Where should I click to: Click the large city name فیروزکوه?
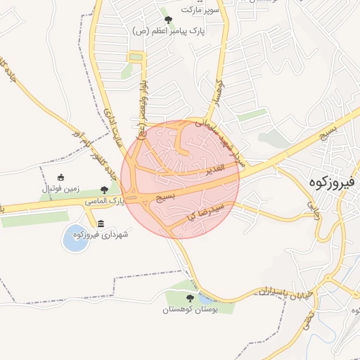pyautogui.click(x=334, y=182)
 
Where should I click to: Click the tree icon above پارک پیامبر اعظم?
pyautogui.click(x=167, y=19)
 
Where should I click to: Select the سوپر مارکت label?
pyautogui.click(x=200, y=9)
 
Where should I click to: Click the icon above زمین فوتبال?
pyautogui.click(x=61, y=177)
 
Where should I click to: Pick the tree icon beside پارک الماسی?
pyautogui.click(x=105, y=189)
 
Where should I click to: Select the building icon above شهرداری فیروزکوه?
pyautogui.click(x=101, y=224)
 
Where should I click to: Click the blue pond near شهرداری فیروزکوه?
pyautogui.click(x=74, y=239)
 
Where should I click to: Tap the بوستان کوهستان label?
pyautogui.click(x=191, y=309)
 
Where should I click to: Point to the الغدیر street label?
pyautogui.click(x=214, y=169)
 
